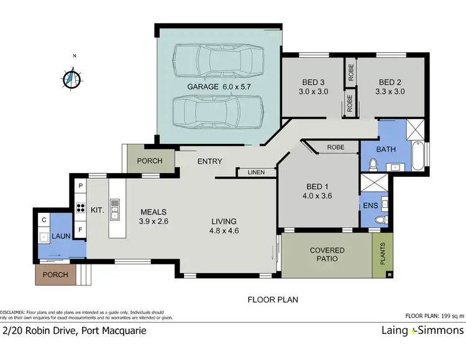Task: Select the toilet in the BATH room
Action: [x=373, y=164]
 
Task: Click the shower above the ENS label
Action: [x=376, y=184]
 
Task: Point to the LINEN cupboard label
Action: [x=255, y=172]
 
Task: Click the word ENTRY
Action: [x=210, y=161]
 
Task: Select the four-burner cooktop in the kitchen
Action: [x=80, y=209]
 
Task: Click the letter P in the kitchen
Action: [x=80, y=186]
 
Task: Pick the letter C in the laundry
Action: [x=44, y=219]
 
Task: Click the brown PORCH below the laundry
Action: [x=55, y=273]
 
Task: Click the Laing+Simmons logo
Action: [x=422, y=330]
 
